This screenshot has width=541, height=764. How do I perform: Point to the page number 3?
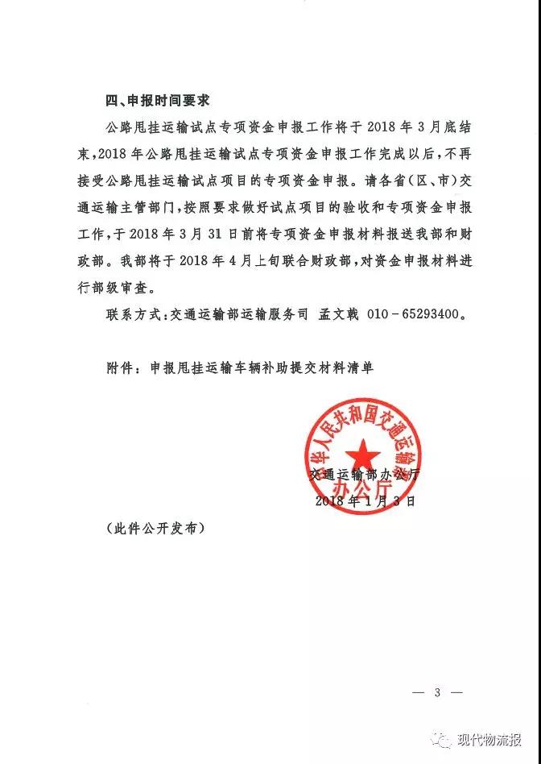pyautogui.click(x=438, y=692)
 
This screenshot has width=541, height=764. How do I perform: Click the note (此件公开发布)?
pyautogui.click(x=155, y=529)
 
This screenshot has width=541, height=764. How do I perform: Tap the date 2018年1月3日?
pyautogui.click(x=365, y=500)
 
